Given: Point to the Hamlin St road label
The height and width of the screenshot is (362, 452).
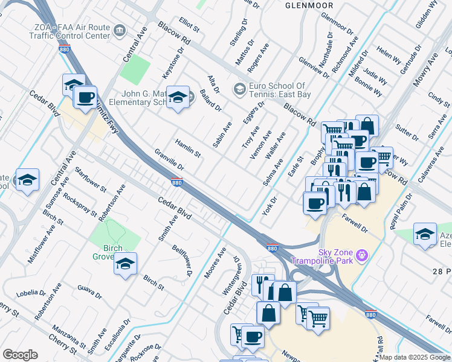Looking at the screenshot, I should [x=187, y=148].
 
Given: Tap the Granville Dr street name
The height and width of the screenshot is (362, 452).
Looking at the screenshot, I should [x=169, y=159].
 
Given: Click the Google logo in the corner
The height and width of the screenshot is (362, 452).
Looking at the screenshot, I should [x=20, y=355].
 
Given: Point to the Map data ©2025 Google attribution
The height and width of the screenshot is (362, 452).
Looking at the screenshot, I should [x=414, y=357].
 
